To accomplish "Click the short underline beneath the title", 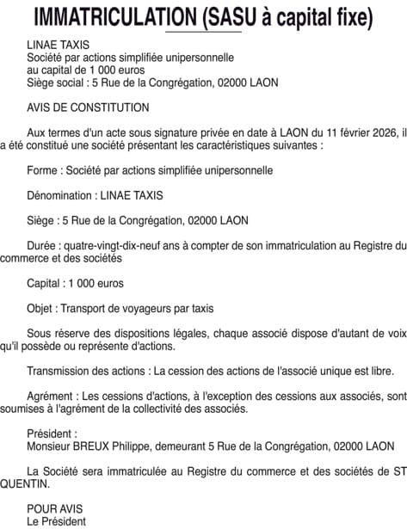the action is pos(203,32).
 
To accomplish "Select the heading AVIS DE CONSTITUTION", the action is pos(88,108).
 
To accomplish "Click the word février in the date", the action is pos(345,132).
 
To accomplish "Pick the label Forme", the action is pos(44,170).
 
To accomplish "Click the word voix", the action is pos(394,334).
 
